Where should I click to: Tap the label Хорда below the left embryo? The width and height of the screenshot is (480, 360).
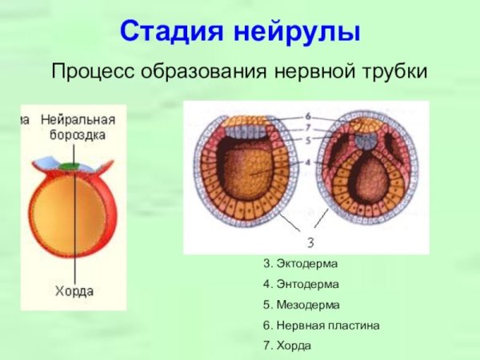(x=74, y=291)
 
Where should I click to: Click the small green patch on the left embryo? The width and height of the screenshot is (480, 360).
(x=74, y=165)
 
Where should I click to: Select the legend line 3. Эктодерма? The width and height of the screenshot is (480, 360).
(x=300, y=263)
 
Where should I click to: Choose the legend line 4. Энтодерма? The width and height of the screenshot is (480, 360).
(x=301, y=284)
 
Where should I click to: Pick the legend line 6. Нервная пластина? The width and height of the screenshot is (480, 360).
(x=321, y=326)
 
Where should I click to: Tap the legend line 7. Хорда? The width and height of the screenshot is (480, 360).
(x=286, y=346)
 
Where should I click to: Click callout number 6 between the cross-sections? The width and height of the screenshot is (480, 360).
(x=308, y=116)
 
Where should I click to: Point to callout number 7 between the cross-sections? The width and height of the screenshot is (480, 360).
(x=308, y=128)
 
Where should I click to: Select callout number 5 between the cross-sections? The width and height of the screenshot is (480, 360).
(x=308, y=141)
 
